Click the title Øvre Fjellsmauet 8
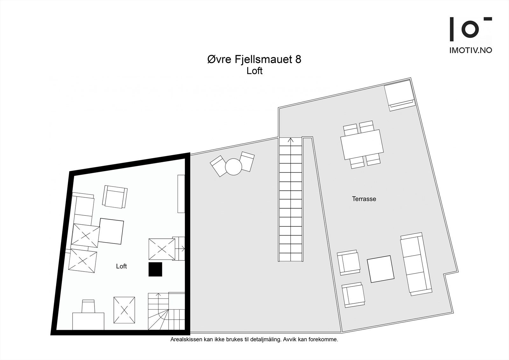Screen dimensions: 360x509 point(254,60)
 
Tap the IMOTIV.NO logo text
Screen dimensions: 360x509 point(471,50)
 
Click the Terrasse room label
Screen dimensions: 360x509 point(364,199)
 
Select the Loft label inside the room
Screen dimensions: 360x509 point(121,266)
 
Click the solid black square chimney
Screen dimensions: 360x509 point(155,269)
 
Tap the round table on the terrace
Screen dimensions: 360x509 point(234,166)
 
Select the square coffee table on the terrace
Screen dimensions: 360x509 point(380,269)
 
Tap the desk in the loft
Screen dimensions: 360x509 point(88,321)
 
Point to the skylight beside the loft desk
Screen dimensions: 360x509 point(124,310)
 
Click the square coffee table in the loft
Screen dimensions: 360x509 point(111,231)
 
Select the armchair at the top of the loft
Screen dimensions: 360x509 point(115,196)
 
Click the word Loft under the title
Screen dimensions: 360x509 point(254,71)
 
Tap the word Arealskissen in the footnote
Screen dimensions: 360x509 point(183,340)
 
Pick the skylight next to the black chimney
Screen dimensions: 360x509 point(162,249)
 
